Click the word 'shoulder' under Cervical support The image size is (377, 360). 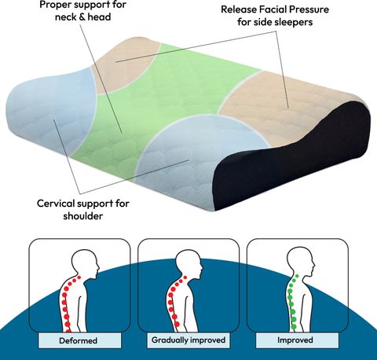coord(83,216)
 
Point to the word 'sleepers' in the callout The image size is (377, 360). coord(293,22)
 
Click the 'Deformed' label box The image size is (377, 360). coord(78,340)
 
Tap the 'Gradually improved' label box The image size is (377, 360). coord(188,340)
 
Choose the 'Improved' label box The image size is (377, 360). coord(295,340)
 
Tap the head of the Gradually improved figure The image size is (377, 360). coord(189,263)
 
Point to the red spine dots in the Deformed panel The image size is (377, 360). coord(67,304)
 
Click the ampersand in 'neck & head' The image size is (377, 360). coord(82,17)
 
